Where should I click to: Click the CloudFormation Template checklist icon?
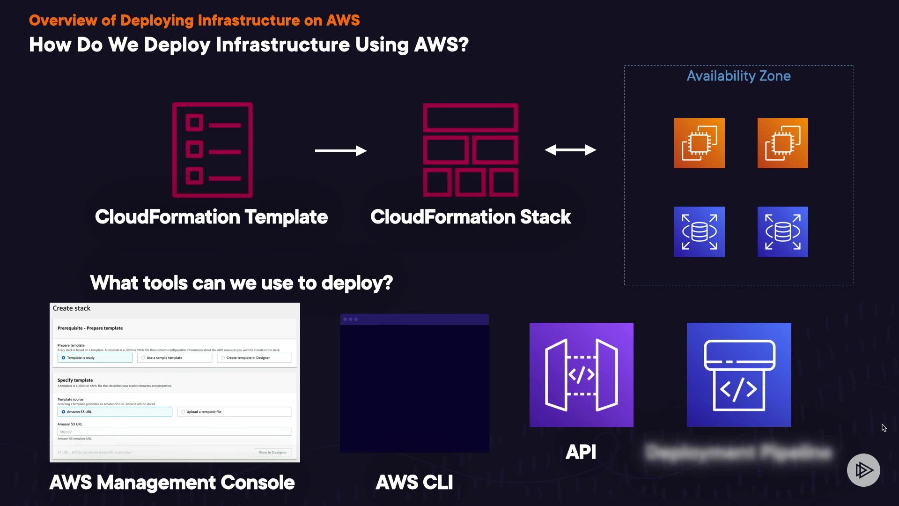click(x=213, y=150)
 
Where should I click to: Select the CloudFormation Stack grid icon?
click(x=470, y=150)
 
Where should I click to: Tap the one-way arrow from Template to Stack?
click(x=340, y=150)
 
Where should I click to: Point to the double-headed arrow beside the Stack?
click(x=570, y=150)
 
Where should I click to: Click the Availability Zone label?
click(x=738, y=76)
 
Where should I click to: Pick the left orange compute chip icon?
click(x=699, y=143)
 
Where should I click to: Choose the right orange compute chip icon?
click(x=782, y=143)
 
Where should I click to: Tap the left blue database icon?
click(x=699, y=231)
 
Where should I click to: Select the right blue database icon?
click(x=782, y=231)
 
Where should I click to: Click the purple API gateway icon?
click(x=581, y=375)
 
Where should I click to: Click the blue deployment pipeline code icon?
click(x=739, y=375)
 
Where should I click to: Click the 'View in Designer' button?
click(x=273, y=453)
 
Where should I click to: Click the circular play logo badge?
click(x=863, y=470)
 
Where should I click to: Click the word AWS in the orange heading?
click(x=343, y=20)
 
